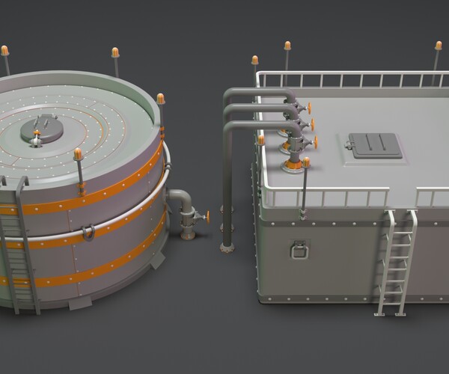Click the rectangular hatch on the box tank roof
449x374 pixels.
pyautogui.click(x=374, y=145)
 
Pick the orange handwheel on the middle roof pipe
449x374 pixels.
pyautogui.click(x=311, y=123)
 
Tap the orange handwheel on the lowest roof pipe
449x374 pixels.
pyautogui.click(x=314, y=141)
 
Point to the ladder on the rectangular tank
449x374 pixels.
pyautogui.click(x=396, y=262)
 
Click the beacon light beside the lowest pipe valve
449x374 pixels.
pyautogui.click(x=306, y=162)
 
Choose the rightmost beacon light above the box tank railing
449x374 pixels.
pyautogui.click(x=438, y=46)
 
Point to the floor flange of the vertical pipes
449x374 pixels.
pyautogui.click(x=226, y=248)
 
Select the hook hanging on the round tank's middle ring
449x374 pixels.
pyautogui.click(x=88, y=233)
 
